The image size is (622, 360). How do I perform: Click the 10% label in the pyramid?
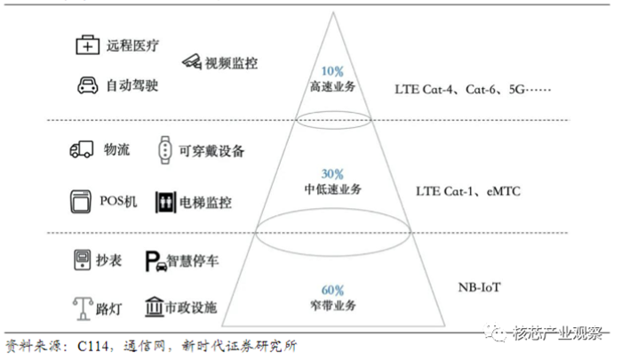332,71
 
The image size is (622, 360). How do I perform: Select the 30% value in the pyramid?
332,174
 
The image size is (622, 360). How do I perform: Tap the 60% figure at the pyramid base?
332,290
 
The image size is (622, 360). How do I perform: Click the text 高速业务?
332,86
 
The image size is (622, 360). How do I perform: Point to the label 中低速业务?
332,189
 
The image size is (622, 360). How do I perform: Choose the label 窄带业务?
332,306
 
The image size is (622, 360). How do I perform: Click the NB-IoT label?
480,287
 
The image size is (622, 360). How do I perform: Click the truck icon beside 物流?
81,150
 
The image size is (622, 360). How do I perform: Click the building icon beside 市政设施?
153,308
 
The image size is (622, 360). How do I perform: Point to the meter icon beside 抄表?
82,260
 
